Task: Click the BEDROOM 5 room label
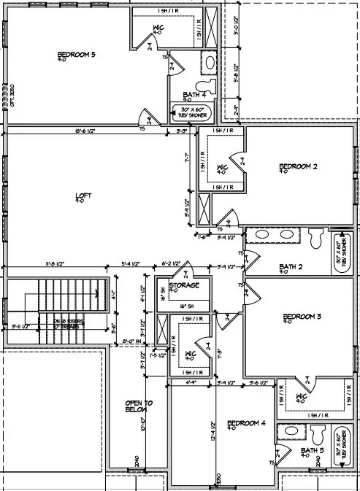pos(77,55)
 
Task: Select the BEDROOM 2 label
pos(298,168)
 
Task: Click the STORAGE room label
pos(184,285)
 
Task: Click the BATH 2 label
pos(290,268)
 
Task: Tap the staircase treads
pos(69,299)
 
